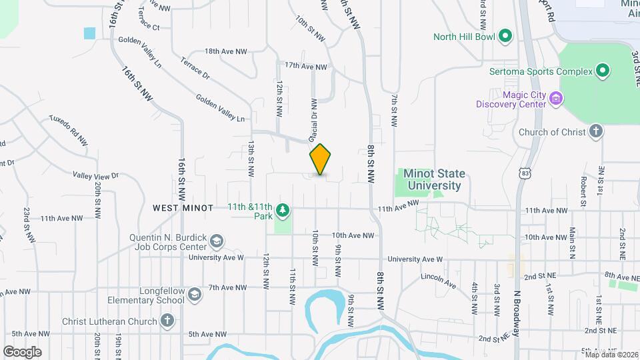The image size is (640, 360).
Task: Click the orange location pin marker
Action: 321,159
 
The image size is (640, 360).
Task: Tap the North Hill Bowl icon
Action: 505,36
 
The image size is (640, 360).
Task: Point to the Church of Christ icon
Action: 597,131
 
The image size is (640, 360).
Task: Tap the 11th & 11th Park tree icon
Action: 283,210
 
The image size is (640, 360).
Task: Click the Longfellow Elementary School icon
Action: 194,295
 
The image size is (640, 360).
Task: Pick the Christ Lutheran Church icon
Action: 167,321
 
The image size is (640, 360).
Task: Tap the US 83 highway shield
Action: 526,173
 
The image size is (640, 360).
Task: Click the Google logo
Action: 22,351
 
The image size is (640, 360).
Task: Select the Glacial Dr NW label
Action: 312,120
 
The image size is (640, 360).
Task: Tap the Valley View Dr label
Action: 95,176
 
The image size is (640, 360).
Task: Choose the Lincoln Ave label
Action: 438,280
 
